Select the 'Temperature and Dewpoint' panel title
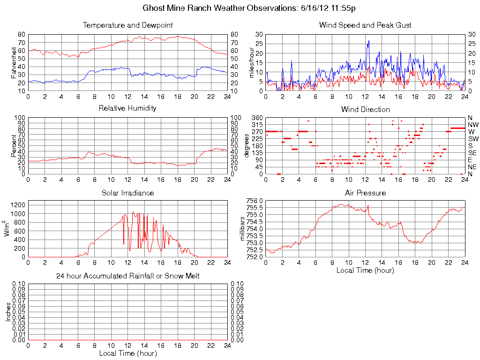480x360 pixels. point(127,25)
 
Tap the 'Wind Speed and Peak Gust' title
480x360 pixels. point(365,25)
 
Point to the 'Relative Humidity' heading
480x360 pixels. point(127,108)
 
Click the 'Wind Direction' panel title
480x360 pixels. point(365,109)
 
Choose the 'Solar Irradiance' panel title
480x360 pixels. point(127,193)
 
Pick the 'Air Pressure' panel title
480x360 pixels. point(365,193)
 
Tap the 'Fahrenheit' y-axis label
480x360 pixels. point(13,62)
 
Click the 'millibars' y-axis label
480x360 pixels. point(242,229)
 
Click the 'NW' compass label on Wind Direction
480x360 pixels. point(472,125)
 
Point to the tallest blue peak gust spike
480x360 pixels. point(369,41)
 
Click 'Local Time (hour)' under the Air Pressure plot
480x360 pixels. point(365,270)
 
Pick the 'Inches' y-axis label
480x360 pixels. point(8,312)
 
